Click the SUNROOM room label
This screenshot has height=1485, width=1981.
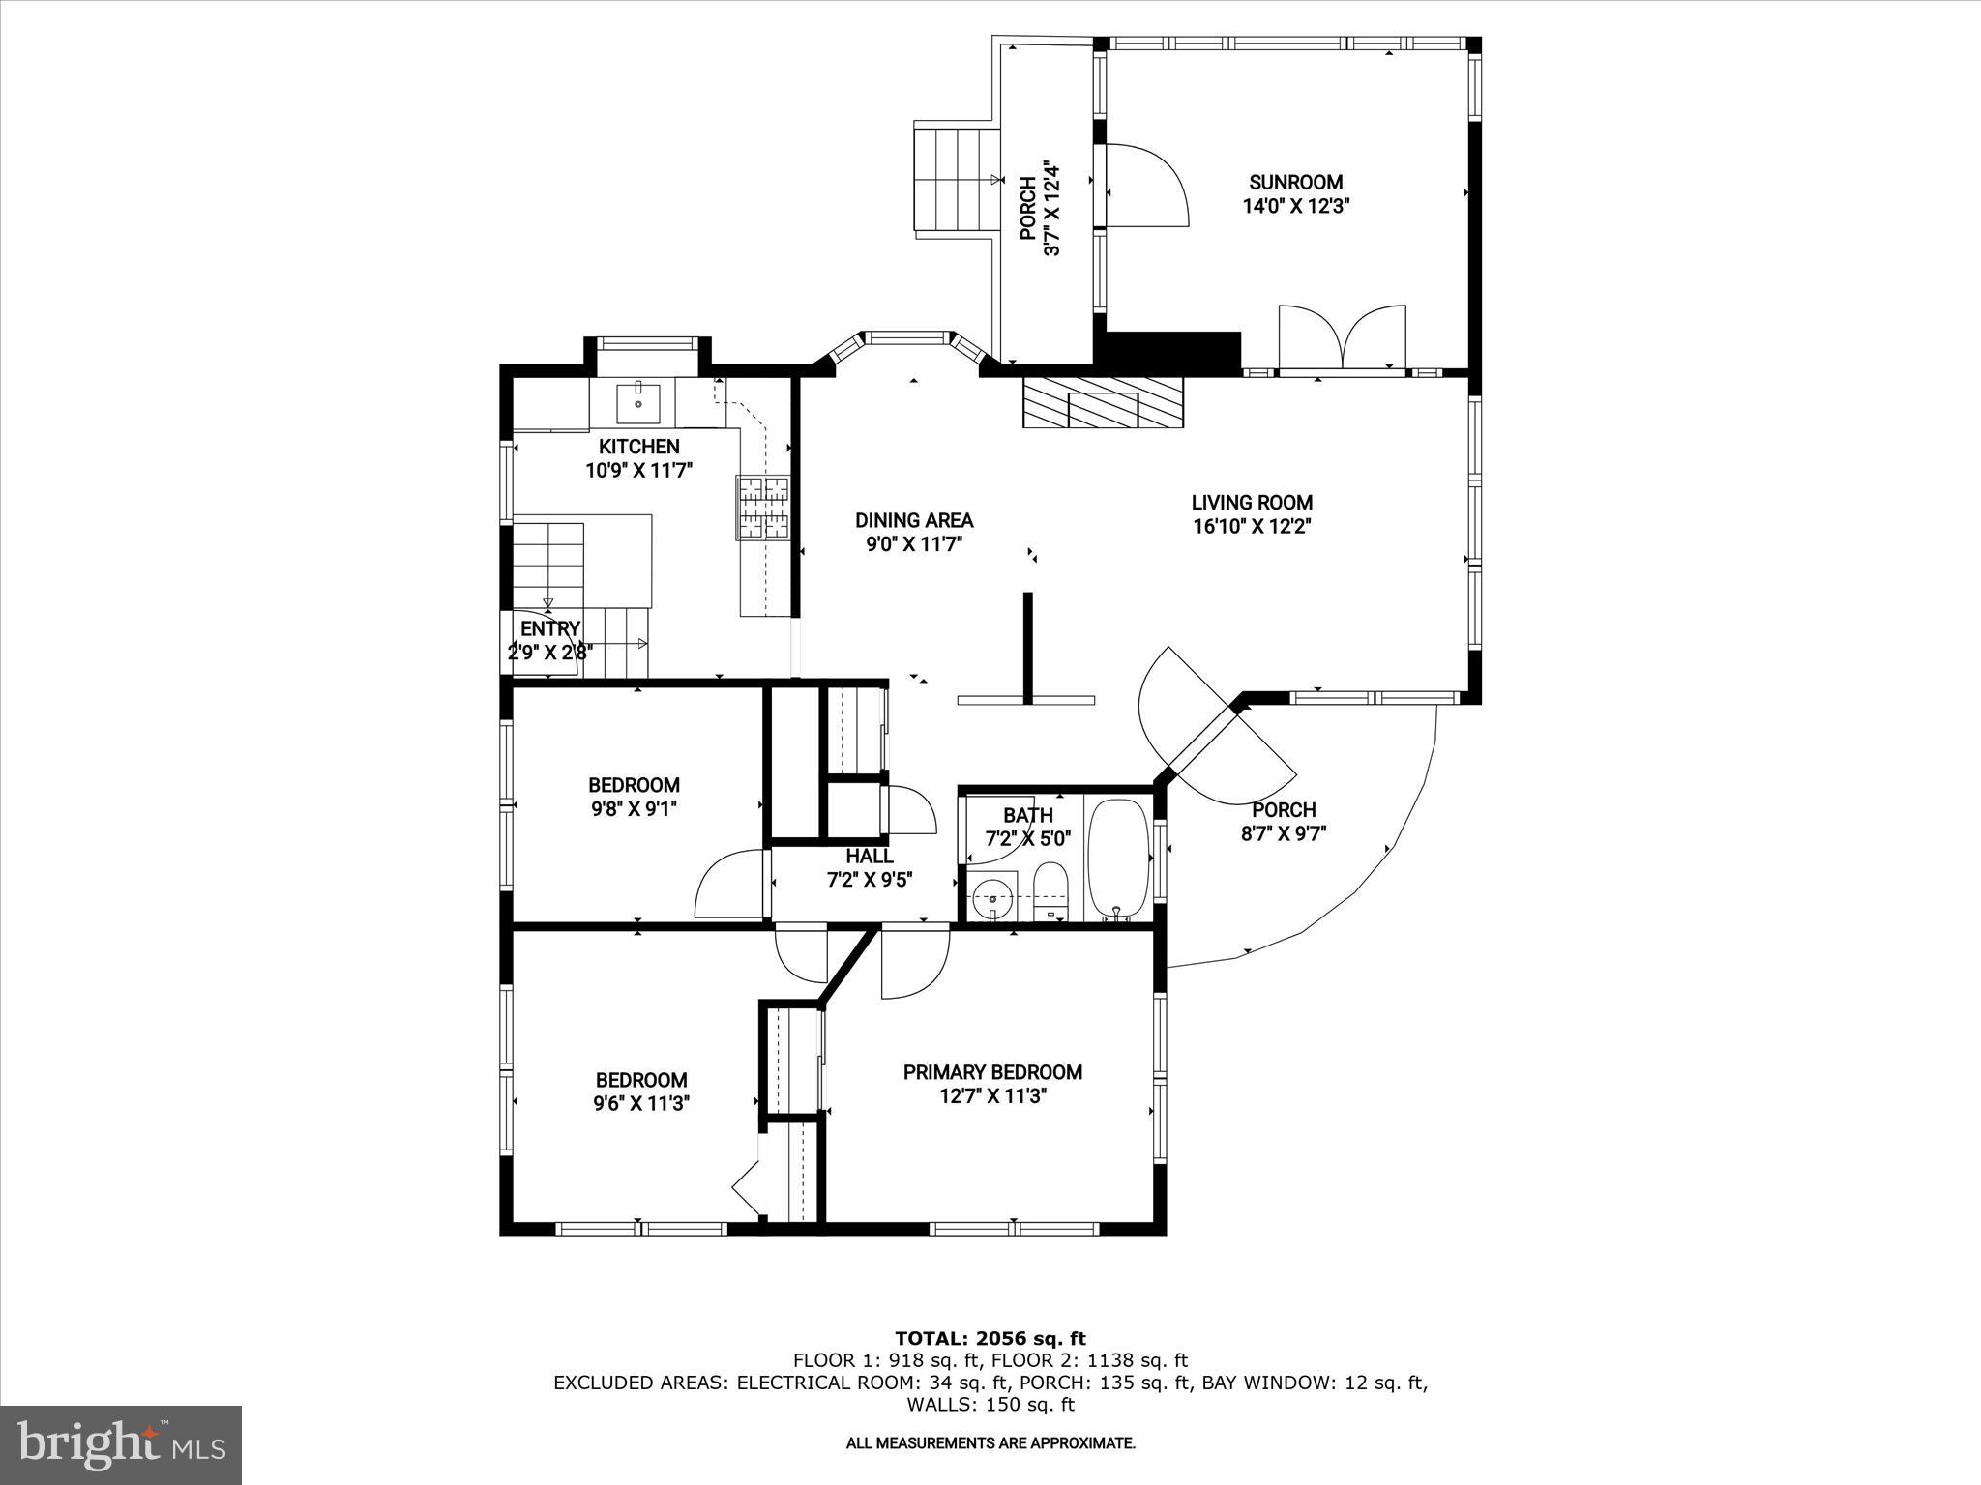pyautogui.click(x=1295, y=182)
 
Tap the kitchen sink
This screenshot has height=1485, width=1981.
pyautogui.click(x=638, y=402)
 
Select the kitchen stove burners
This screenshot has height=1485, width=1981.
pyautogui.click(x=764, y=507)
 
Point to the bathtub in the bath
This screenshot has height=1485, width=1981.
pyautogui.click(x=1119, y=859)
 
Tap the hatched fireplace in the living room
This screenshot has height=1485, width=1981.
pyautogui.click(x=1103, y=401)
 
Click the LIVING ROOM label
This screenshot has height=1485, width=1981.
pyautogui.click(x=1252, y=503)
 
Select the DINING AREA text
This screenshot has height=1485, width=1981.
pyautogui.click(x=914, y=520)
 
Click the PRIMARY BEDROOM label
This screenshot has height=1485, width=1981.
pyautogui.click(x=992, y=1072)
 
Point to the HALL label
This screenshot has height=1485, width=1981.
pyautogui.click(x=870, y=857)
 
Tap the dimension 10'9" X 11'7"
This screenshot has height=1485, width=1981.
pyautogui.click(x=639, y=471)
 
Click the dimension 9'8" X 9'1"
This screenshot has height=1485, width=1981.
pyautogui.click(x=634, y=809)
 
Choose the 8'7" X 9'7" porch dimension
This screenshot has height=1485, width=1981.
pyautogui.click(x=1284, y=833)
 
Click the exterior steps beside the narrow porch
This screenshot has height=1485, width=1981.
pyautogui.click(x=958, y=179)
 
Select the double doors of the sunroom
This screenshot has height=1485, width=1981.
pyautogui.click(x=1342, y=338)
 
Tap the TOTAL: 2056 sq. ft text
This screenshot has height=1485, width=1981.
pyautogui.click(x=990, y=1339)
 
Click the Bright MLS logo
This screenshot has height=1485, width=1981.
pyautogui.click(x=121, y=1445)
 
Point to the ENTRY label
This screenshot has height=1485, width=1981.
pyautogui.click(x=550, y=629)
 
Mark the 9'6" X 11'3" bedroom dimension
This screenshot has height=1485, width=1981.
pyautogui.click(x=641, y=1104)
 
